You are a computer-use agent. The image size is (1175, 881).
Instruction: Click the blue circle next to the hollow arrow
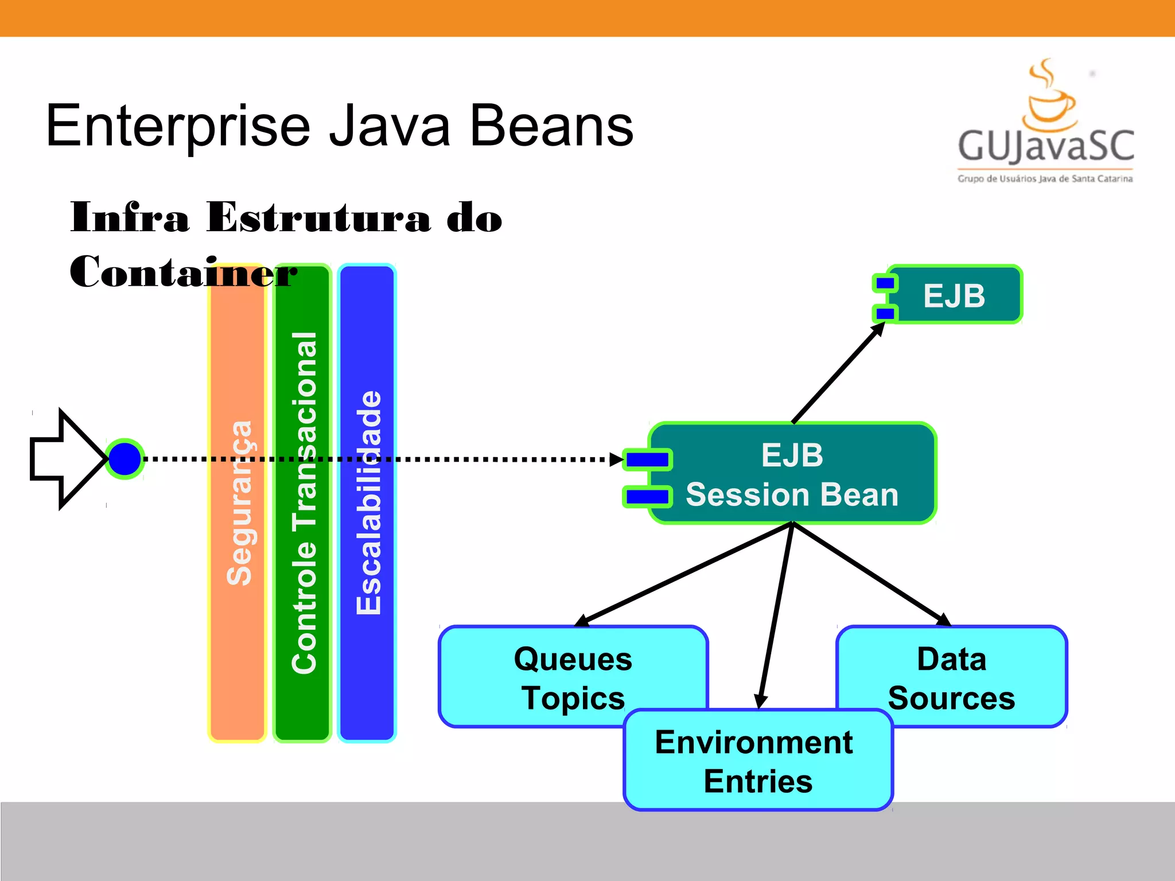[125, 459]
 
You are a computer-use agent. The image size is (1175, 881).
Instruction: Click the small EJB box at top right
[955, 295]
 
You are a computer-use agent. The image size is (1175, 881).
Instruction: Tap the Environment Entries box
[757, 763]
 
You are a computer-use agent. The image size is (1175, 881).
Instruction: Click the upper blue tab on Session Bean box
[648, 459]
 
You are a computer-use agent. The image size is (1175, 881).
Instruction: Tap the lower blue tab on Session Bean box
[648, 497]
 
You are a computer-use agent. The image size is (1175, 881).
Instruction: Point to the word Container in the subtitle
[184, 272]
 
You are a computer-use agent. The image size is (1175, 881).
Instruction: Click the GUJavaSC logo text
[1045, 146]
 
